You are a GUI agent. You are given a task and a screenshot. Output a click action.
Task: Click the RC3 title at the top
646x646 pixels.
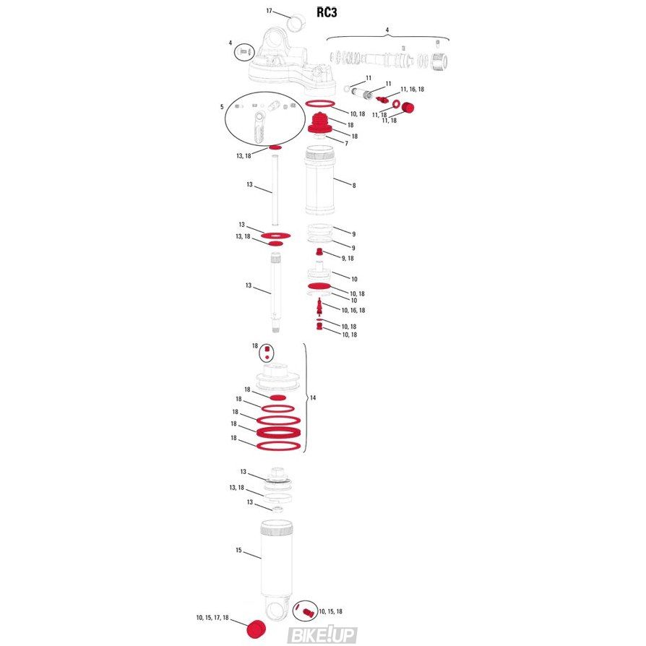tap(327, 12)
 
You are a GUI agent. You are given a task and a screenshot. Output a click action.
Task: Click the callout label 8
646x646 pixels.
tap(353, 186)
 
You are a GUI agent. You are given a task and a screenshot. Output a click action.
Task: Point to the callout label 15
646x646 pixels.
tap(238, 550)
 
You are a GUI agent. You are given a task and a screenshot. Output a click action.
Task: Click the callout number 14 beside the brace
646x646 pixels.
tap(313, 397)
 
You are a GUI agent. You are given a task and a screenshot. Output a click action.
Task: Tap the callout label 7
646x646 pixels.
tap(346, 143)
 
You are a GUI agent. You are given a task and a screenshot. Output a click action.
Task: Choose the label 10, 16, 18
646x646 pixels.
tap(353, 310)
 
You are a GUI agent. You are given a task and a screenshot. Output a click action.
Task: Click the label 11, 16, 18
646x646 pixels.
tap(412, 89)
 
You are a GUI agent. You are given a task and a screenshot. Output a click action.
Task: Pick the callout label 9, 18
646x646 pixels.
tap(348, 258)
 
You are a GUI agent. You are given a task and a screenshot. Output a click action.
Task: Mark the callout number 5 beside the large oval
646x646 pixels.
tap(222, 107)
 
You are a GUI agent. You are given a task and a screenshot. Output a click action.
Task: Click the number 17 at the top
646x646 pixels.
tap(269, 11)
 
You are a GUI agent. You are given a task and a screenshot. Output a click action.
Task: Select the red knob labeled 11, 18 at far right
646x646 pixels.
tap(408, 108)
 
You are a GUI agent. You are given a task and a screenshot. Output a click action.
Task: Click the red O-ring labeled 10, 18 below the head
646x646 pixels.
tap(320, 103)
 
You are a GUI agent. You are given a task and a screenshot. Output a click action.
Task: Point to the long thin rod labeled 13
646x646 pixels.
tap(275, 190)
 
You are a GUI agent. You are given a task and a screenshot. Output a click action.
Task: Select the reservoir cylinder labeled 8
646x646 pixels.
tap(319, 181)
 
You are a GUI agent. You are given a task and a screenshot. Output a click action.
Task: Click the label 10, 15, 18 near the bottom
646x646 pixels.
tap(330, 611)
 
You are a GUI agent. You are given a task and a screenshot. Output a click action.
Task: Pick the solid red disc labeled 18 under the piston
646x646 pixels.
tap(277, 397)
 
